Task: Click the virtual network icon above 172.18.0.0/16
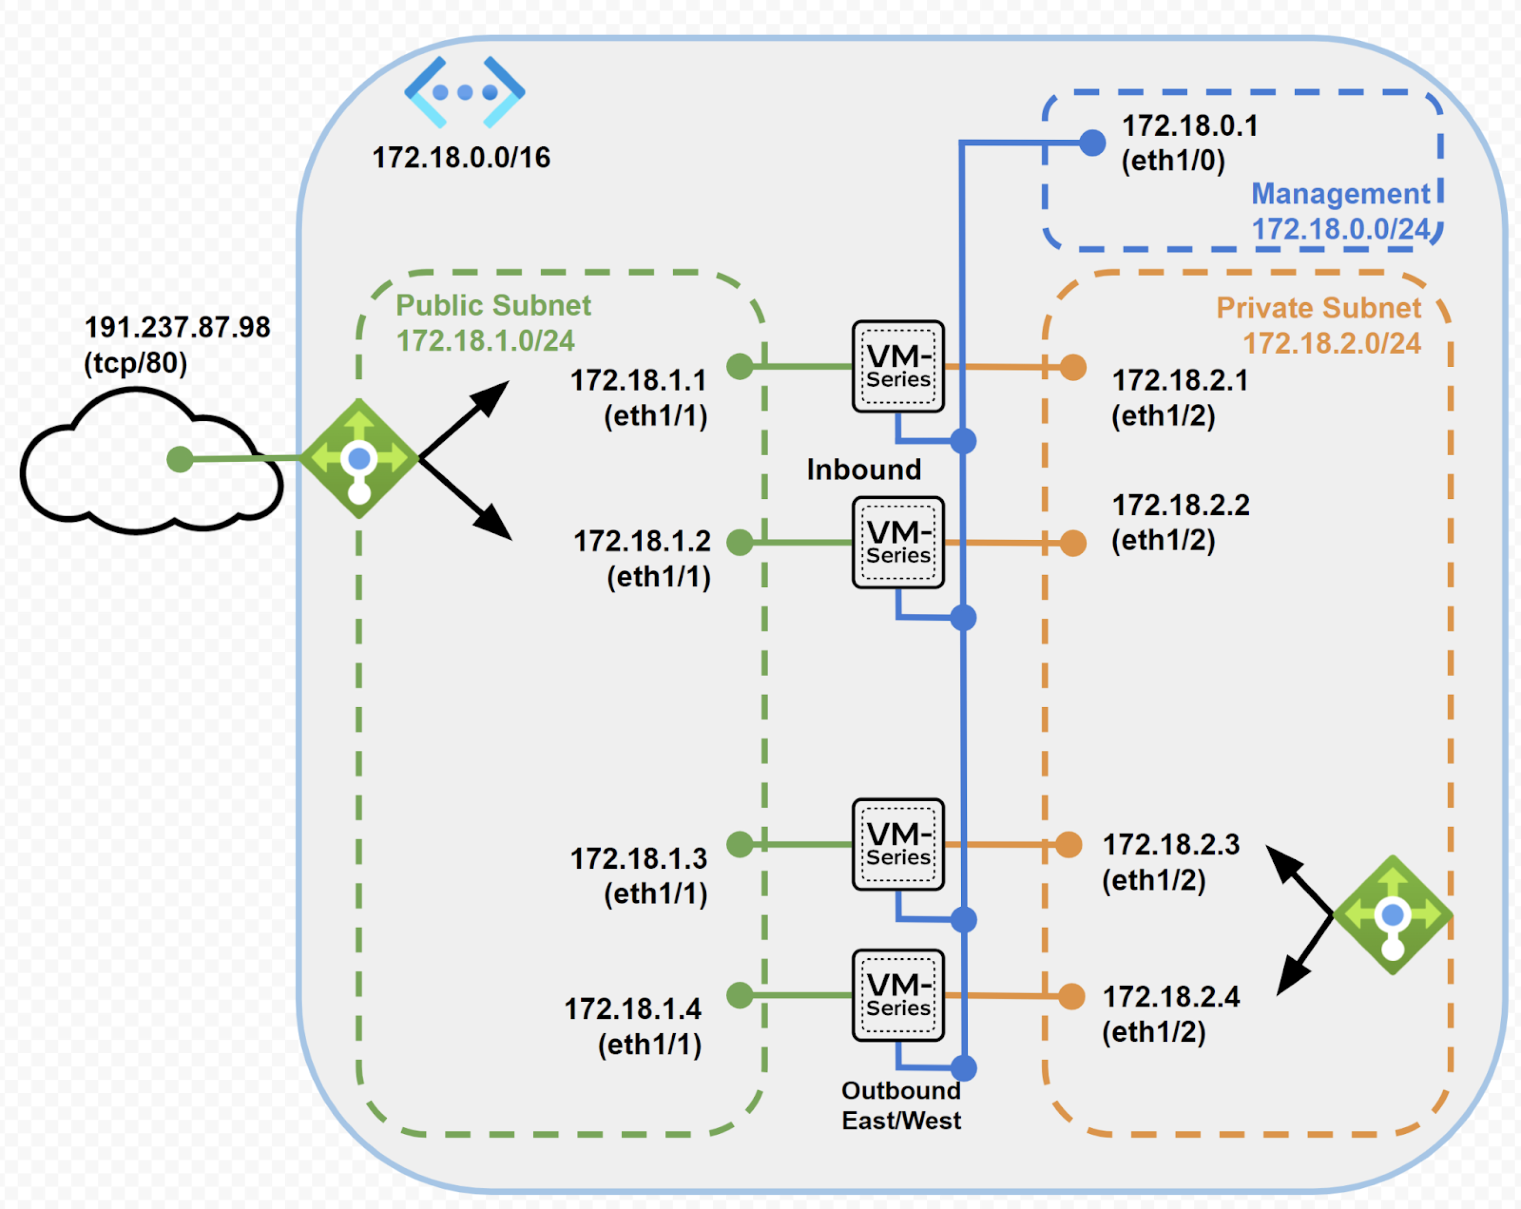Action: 464,92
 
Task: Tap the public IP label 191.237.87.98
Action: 177,327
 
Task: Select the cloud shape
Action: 106,487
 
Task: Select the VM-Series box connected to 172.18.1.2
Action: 898,542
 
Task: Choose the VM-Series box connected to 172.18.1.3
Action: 898,844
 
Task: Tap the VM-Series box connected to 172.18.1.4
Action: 898,995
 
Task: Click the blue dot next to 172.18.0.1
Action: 1092,143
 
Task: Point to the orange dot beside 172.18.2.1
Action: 1073,367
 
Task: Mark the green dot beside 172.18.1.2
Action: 739,542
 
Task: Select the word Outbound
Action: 901,1091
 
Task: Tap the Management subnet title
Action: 1340,194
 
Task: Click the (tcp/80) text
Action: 135,363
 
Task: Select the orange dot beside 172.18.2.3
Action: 1069,844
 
